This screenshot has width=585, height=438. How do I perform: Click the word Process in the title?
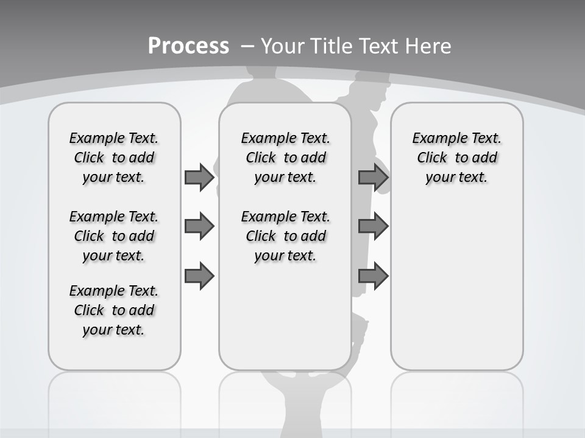click(x=188, y=46)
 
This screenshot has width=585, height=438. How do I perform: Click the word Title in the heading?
click(x=332, y=46)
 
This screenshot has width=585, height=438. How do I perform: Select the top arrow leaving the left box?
click(x=199, y=178)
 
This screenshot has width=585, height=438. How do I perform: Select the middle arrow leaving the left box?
click(x=199, y=227)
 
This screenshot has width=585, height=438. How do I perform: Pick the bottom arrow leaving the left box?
click(x=199, y=276)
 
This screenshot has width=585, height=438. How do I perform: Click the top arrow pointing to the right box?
click(x=373, y=178)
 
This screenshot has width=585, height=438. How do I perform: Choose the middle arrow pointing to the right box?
click(x=373, y=227)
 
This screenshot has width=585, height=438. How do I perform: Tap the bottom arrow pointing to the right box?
click(x=373, y=276)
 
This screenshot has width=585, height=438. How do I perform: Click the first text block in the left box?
click(x=114, y=158)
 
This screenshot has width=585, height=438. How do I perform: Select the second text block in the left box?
click(x=114, y=236)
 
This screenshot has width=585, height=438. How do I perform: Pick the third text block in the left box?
click(x=114, y=310)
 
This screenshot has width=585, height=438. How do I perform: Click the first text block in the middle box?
click(x=285, y=158)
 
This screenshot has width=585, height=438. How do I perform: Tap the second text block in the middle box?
click(x=285, y=236)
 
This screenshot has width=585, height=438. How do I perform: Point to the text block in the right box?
click(x=456, y=158)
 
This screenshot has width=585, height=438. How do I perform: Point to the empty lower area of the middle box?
click(x=285, y=316)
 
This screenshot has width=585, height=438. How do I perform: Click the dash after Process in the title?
click(x=247, y=46)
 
